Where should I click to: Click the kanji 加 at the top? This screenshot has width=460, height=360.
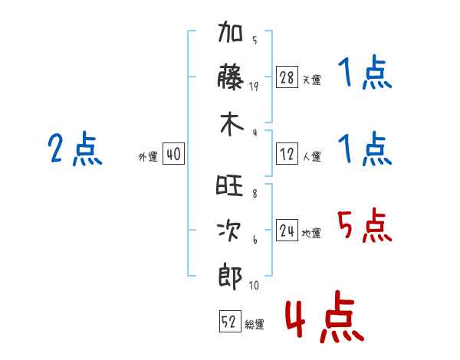230,31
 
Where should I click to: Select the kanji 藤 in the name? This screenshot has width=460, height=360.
230,77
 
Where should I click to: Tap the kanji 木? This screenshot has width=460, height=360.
232,124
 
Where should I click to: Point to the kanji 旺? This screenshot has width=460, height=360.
229,185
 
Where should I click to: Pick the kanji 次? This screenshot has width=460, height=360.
229,230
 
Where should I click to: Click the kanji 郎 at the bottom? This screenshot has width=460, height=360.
230,277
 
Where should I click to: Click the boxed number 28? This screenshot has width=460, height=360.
287,77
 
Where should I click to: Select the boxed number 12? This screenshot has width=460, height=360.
287,154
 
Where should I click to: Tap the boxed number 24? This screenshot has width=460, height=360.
287,231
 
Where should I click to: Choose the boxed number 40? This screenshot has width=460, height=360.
174,154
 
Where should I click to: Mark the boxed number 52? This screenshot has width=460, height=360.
230,321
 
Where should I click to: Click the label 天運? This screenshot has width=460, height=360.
312,80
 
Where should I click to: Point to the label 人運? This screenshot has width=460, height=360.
312,156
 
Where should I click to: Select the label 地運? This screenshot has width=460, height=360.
311,234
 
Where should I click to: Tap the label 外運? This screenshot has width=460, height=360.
148,156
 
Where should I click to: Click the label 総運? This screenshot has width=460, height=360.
255,324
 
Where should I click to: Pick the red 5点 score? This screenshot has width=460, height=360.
364,225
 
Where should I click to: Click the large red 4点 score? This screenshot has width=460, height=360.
325,316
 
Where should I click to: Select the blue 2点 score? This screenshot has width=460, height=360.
75,148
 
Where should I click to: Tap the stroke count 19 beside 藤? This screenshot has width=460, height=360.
254,86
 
